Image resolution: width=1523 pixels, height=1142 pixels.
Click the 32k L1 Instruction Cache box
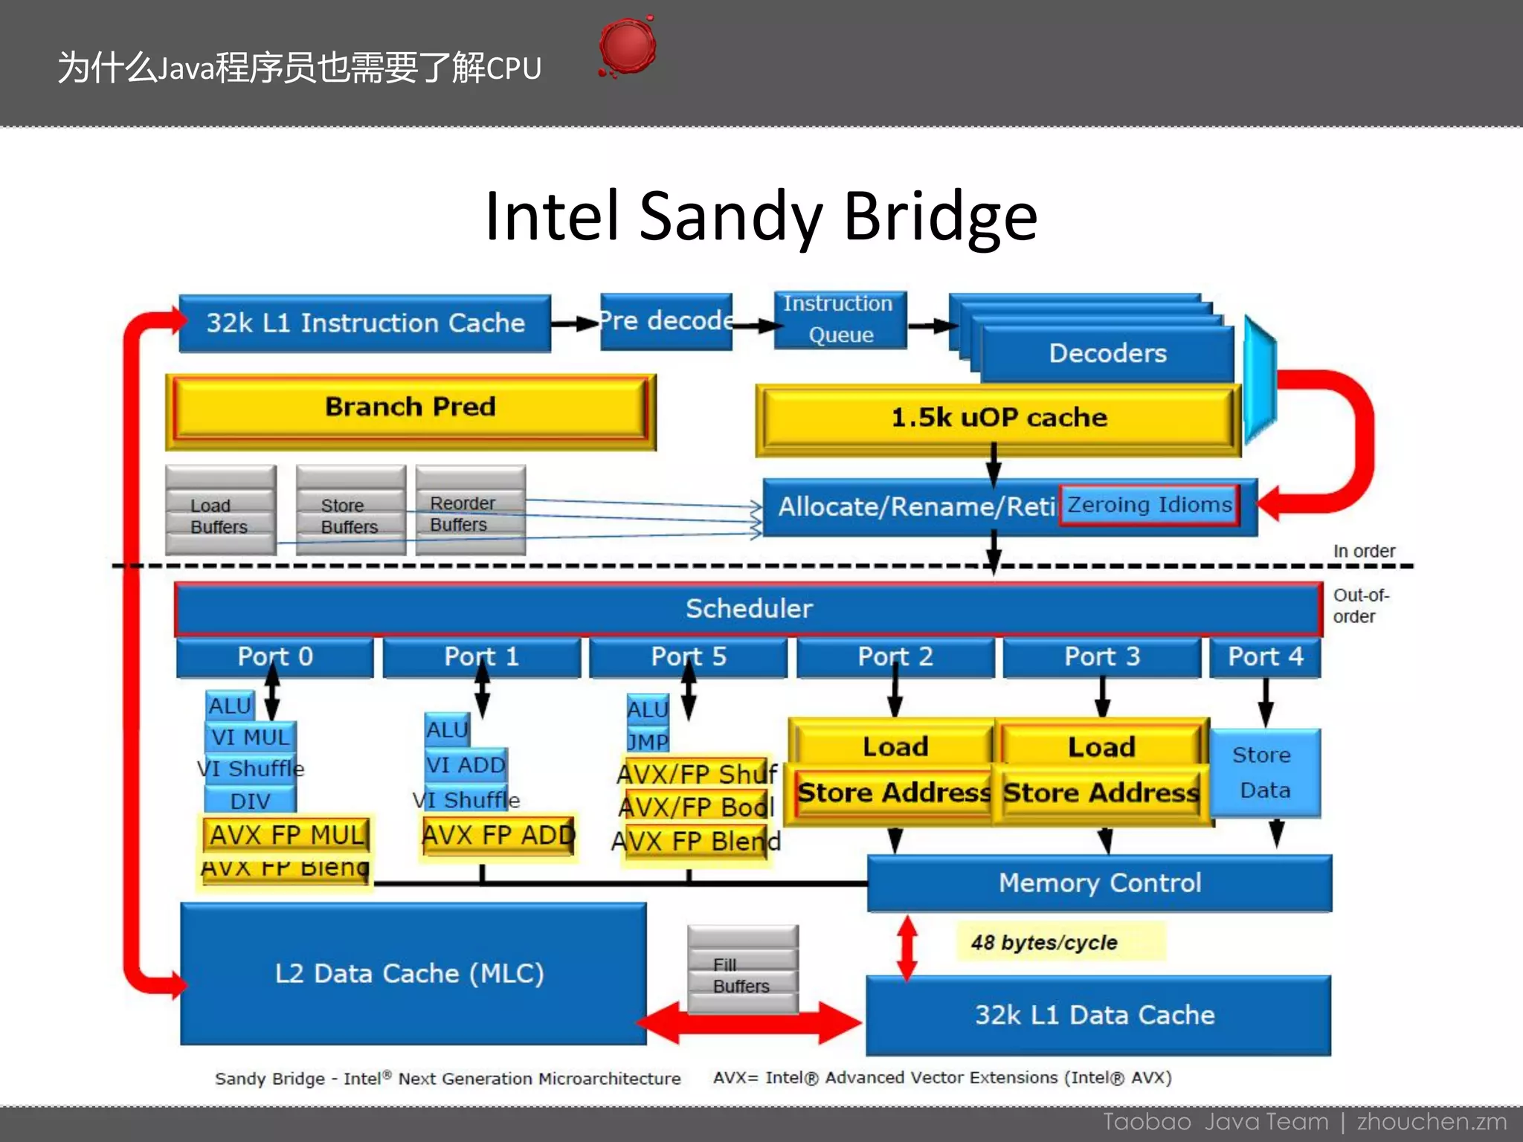[x=364, y=323]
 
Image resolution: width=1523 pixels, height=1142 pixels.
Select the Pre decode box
[x=666, y=321]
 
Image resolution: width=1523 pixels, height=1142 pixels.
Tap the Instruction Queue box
[x=840, y=320]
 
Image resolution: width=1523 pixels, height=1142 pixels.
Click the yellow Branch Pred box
[x=410, y=407]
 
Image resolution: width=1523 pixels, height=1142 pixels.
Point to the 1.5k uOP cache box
[x=998, y=418]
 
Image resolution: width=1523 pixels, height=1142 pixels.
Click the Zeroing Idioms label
[x=1149, y=506]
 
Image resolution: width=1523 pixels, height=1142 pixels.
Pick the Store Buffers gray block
[x=350, y=513]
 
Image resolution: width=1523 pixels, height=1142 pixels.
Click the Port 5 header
[x=688, y=657]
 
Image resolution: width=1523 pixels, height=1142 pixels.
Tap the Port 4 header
[x=1264, y=657]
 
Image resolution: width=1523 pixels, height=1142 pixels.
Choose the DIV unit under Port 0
[x=250, y=801]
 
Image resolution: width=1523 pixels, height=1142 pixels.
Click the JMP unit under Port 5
[x=647, y=741]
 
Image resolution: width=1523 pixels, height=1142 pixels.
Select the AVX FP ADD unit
[x=498, y=836]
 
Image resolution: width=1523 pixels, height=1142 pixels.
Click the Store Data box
[x=1264, y=773]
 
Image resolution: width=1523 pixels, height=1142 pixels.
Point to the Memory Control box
[x=1099, y=883]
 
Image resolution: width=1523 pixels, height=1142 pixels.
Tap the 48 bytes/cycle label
[x=1044, y=943]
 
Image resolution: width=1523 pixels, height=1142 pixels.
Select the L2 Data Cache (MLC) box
[x=410, y=974]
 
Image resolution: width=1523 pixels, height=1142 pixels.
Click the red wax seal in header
[x=627, y=46]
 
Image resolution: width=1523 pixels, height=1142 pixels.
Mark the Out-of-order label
[x=1359, y=606]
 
